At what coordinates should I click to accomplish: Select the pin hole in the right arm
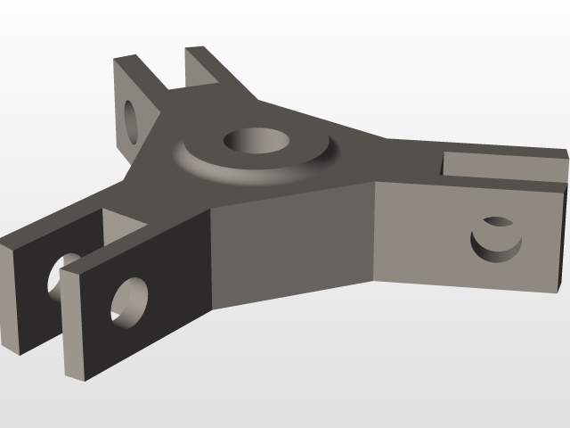(x=495, y=238)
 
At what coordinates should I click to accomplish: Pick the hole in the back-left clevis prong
(x=133, y=119)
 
